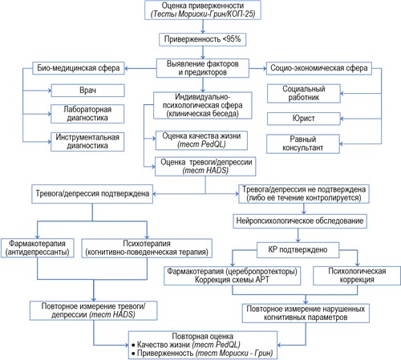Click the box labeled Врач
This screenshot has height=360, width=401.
(x=87, y=91)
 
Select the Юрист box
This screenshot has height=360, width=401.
(x=304, y=119)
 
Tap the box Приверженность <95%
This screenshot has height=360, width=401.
(x=202, y=39)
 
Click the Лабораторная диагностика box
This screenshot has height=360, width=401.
(x=87, y=114)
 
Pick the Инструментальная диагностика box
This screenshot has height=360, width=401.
(x=87, y=142)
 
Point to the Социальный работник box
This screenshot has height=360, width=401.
(x=304, y=93)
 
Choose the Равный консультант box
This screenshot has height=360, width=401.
(x=303, y=144)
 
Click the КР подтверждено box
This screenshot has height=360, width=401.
(x=298, y=250)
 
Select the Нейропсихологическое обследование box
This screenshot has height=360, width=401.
(x=300, y=221)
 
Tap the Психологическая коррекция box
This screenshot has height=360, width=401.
(x=357, y=276)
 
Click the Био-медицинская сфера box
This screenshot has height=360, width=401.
(x=79, y=68)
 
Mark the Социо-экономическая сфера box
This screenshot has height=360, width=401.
(x=319, y=68)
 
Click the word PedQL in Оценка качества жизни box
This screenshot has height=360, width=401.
(x=213, y=144)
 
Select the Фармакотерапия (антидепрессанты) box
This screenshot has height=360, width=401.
(x=37, y=248)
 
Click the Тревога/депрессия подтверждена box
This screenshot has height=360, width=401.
(x=92, y=194)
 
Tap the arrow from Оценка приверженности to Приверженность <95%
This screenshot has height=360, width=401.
(x=203, y=26)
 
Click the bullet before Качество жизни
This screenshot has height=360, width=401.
(x=133, y=345)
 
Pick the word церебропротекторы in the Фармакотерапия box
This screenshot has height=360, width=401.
(x=261, y=271)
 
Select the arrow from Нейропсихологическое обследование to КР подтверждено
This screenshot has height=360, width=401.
(x=298, y=235)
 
